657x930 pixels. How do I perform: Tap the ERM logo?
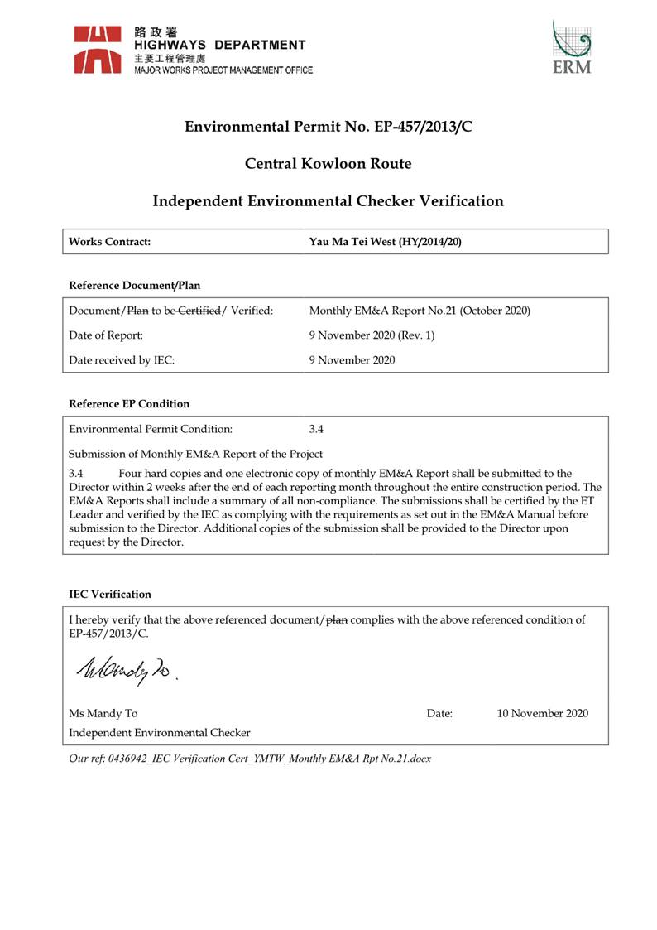coord(572,49)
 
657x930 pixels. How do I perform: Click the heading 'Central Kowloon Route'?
coord(328,164)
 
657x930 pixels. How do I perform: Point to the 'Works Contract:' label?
coord(111,242)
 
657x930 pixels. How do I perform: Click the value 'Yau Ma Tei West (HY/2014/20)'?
coord(385,242)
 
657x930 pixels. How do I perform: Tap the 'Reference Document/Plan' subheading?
coord(134,286)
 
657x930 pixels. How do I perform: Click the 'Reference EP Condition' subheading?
coord(129,404)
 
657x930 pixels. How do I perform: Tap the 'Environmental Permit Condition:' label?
coord(151,429)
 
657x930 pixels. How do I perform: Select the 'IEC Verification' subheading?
coord(110,594)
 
